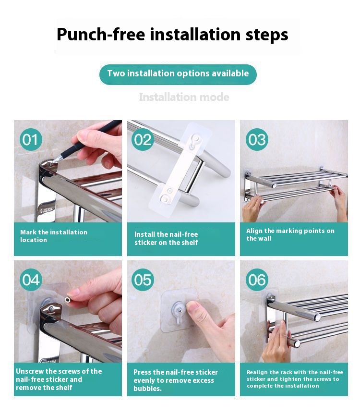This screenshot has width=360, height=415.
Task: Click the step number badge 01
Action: tap(31, 139)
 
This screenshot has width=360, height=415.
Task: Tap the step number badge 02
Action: tap(143, 139)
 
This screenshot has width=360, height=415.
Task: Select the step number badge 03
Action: tap(257, 139)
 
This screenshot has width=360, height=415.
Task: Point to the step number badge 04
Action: tap(31, 280)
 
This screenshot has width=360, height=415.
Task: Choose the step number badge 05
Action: tap(143, 280)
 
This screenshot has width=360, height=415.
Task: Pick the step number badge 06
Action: tap(257, 280)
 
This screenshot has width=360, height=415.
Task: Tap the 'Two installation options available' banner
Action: tap(178, 74)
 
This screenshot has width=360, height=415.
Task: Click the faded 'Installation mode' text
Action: tap(184, 97)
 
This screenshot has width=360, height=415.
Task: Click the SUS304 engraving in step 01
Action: tap(46, 210)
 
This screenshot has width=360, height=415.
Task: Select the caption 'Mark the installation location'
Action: tap(54, 236)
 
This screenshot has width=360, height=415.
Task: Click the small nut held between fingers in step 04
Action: tap(68, 300)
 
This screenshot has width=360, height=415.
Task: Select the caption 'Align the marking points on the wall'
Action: tap(290, 234)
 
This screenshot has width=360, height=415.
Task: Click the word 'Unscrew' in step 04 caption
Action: tap(29, 371)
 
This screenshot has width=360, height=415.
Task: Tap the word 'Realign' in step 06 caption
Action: tap(257, 372)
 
